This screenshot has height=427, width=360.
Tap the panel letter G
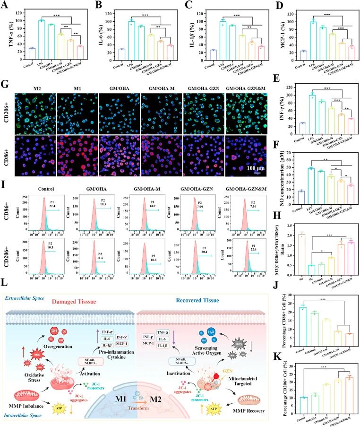pos(6,85)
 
